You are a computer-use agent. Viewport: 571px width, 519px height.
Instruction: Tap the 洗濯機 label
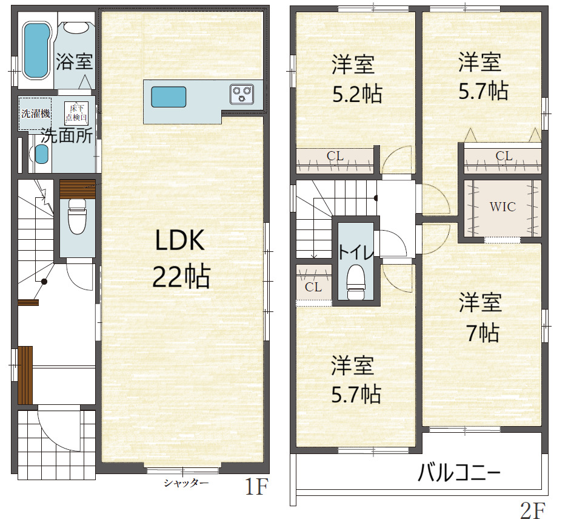[35, 114]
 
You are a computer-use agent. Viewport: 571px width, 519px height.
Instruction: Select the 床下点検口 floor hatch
[76, 113]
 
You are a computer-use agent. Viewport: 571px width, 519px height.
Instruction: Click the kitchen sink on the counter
[169, 97]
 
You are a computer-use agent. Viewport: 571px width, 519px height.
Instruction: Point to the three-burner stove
[242, 93]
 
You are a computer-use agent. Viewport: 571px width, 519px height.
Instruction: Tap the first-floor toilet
[77, 216]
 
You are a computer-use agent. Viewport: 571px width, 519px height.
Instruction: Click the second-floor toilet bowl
[355, 282]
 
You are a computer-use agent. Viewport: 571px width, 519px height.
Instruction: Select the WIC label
[503, 207]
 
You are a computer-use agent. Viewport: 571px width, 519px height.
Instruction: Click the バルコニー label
[459, 473]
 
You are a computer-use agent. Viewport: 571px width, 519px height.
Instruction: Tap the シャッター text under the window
[186, 483]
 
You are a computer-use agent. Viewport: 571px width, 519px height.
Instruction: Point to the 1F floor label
[256, 487]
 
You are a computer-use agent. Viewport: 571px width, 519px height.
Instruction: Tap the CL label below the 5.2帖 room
[335, 156]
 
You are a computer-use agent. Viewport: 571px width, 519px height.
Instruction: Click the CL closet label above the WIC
[504, 156]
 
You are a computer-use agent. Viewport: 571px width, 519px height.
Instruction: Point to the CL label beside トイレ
[313, 287]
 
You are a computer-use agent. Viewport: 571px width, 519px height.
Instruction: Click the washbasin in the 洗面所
[41, 154]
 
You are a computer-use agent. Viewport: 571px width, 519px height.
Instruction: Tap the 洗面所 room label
[67, 136]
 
